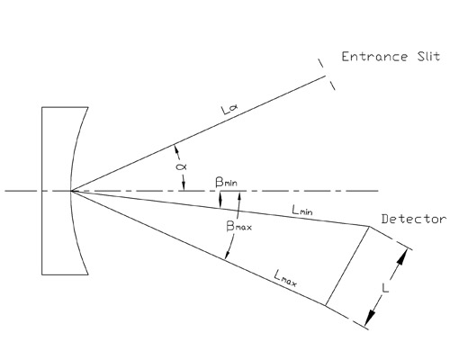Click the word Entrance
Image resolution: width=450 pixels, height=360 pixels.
[374, 57]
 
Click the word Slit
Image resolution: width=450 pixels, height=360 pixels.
[428, 57]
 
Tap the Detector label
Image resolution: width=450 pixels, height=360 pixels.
[414, 220]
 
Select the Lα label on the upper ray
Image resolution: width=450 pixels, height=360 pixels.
[230, 110]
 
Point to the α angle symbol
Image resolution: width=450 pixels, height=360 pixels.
[181, 166]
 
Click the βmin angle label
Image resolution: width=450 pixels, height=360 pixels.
[227, 182]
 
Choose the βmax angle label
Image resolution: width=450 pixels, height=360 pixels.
[238, 226]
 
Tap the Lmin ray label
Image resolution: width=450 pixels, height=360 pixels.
[302, 210]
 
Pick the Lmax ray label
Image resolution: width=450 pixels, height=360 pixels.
[285, 279]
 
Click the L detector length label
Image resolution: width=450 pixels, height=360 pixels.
[385, 289]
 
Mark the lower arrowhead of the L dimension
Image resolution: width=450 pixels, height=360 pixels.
[371, 318]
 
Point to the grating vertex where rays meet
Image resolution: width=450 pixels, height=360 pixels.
[71, 191]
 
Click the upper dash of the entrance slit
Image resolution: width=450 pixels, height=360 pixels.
[321, 63]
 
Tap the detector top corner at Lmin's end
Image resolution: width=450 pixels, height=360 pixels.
[369, 226]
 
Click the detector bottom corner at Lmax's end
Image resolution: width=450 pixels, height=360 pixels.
[326, 305]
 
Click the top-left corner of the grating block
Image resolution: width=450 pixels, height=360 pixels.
[42, 107]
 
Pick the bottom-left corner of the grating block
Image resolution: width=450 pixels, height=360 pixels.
[42, 274]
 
